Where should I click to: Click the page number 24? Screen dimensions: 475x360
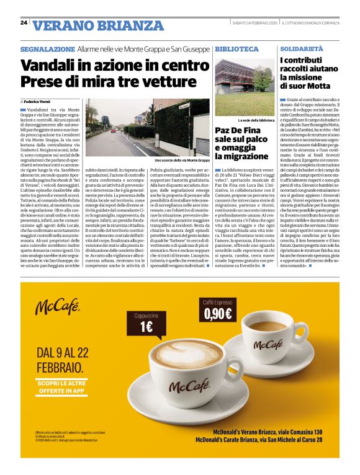click(24, 22)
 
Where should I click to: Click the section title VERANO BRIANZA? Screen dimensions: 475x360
click(84, 25)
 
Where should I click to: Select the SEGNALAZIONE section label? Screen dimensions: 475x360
click(47, 48)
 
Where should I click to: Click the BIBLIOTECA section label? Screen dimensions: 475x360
click(236, 48)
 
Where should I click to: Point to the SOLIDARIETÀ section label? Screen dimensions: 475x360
click(302, 48)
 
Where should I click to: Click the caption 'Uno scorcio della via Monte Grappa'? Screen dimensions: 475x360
click(182, 160)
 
